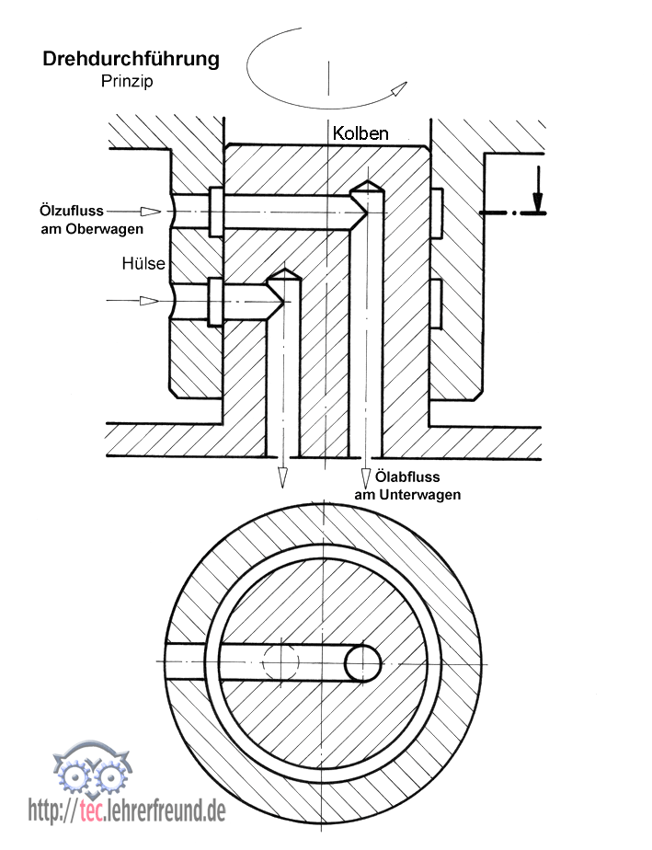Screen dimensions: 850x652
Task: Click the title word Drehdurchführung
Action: (x=131, y=60)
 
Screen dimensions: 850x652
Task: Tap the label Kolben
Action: (x=360, y=133)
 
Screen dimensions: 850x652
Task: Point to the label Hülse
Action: (x=143, y=264)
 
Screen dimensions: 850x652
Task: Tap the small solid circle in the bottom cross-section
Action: (x=363, y=661)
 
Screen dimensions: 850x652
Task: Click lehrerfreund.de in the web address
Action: (x=166, y=810)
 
